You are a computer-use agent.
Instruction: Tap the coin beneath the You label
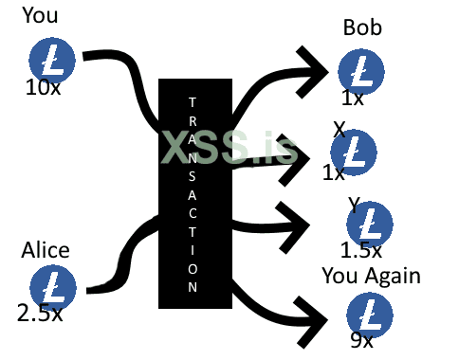[x=53, y=60]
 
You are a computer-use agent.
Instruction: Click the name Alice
[x=46, y=250]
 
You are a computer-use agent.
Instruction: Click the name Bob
[x=362, y=28]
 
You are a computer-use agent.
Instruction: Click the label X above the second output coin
[x=339, y=129]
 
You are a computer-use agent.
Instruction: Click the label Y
[x=353, y=204]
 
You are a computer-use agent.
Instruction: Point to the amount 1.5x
[x=360, y=251]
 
